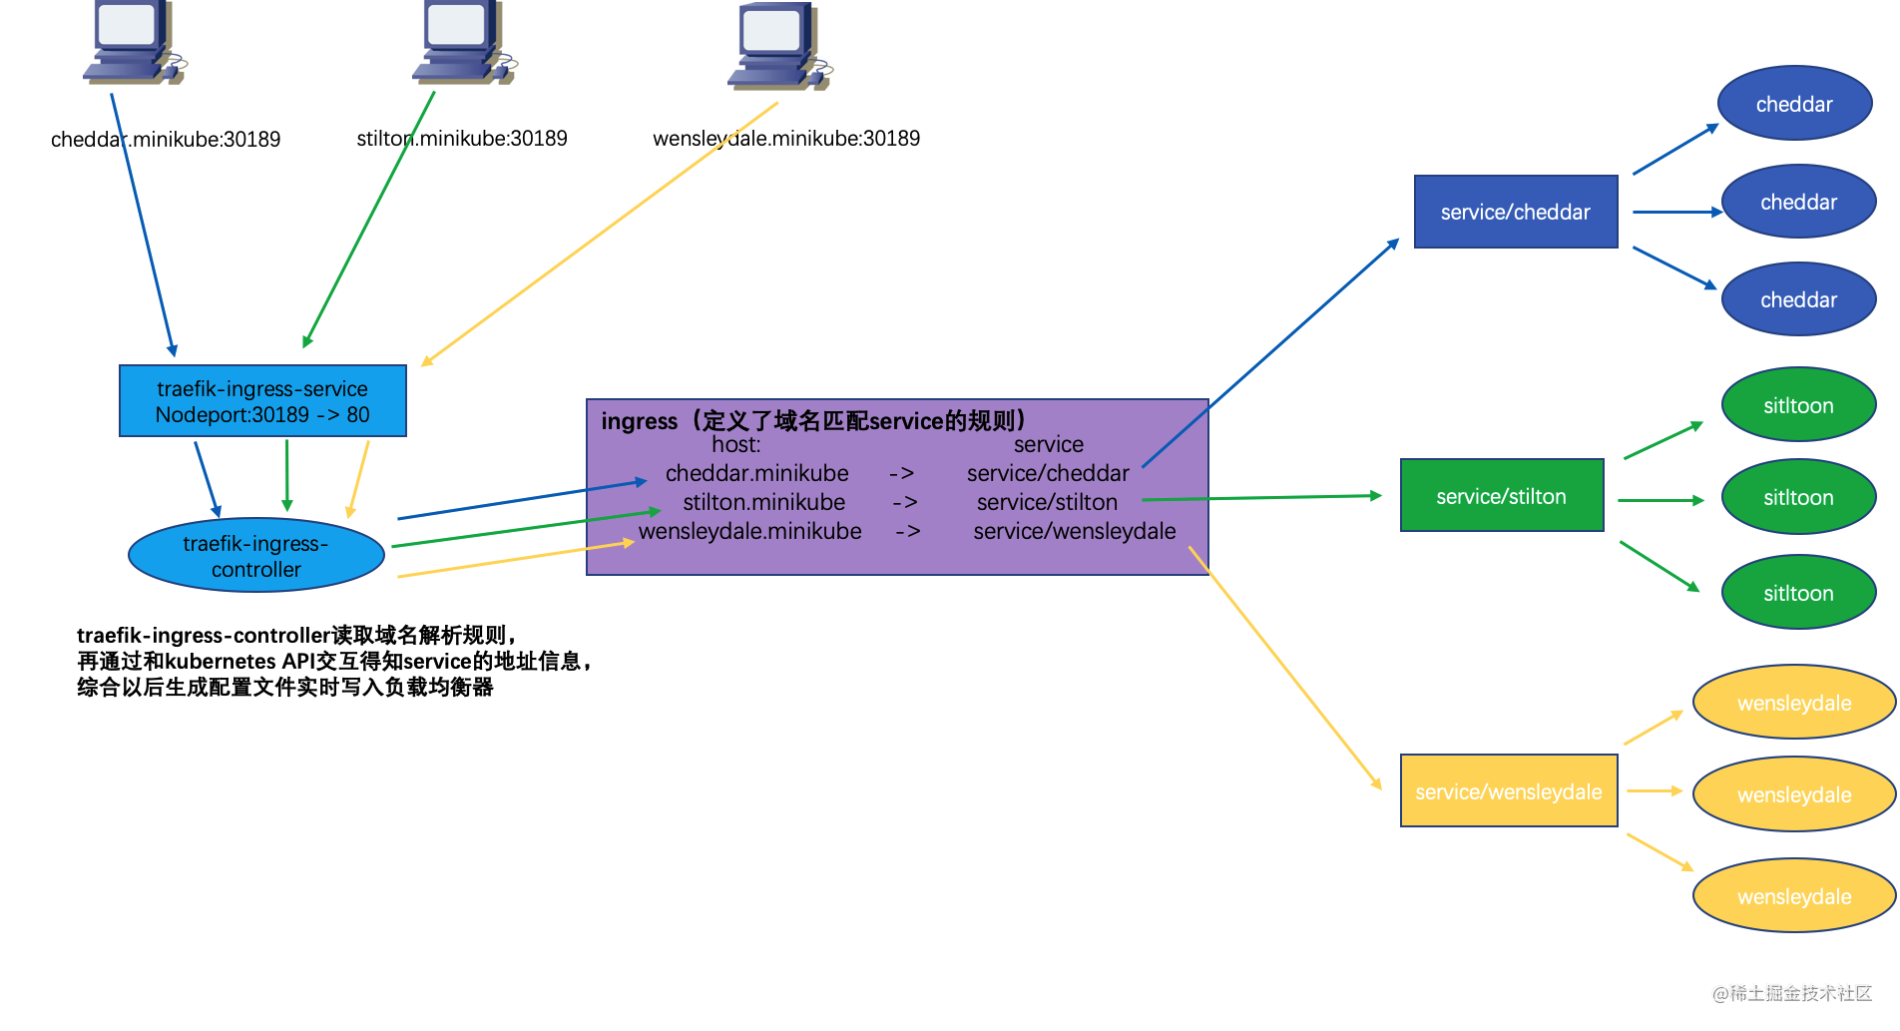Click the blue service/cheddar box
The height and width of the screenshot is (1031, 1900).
pyautogui.click(x=1515, y=212)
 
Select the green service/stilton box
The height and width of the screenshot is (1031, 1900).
pyautogui.click(x=1501, y=496)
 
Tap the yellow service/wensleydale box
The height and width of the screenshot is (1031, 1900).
pyautogui.click(x=1508, y=791)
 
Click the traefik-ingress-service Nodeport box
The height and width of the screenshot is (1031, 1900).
pyautogui.click(x=262, y=401)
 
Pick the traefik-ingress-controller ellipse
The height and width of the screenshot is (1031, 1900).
pyautogui.click(x=256, y=556)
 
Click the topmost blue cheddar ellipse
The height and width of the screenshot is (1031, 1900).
pyautogui.click(x=1793, y=104)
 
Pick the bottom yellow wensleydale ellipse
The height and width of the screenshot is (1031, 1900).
pyautogui.click(x=1793, y=896)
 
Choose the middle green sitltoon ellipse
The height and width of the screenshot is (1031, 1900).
pyautogui.click(x=1797, y=497)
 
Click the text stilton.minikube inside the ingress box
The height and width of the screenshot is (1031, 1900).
pyautogui.click(x=763, y=502)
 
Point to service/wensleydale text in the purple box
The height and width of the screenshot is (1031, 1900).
pyautogui.click(x=1074, y=531)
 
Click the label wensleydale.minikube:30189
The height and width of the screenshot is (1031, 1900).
pyautogui.click(x=786, y=139)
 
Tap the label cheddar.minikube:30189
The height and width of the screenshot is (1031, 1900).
pyautogui.click(x=166, y=140)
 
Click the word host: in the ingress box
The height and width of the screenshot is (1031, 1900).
pyautogui.click(x=735, y=445)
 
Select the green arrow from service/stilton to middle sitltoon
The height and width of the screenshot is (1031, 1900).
pyautogui.click(x=1660, y=500)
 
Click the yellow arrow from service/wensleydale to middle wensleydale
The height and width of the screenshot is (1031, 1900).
pyautogui.click(x=1654, y=790)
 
